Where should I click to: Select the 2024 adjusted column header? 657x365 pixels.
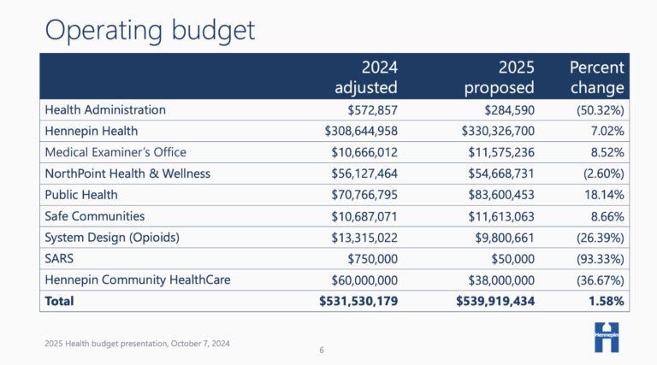click(365, 77)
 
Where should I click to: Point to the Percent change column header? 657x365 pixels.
click(596, 77)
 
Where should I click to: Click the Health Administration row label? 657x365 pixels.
click(105, 109)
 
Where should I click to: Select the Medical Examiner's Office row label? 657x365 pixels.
click(115, 152)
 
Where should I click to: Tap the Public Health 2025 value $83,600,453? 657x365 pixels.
click(495, 195)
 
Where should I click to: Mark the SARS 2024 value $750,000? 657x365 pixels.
click(372, 258)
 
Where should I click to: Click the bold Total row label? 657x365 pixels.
click(59, 301)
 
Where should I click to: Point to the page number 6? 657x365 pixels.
click(322, 350)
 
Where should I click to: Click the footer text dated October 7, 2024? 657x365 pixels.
click(137, 343)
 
